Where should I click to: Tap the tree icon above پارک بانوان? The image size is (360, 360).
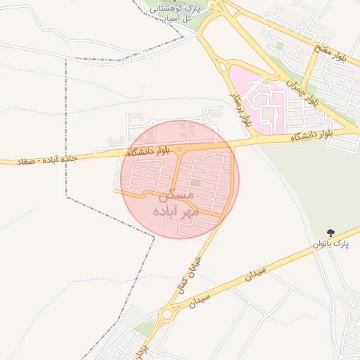[x=331, y=232]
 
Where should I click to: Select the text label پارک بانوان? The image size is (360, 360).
[x=331, y=244]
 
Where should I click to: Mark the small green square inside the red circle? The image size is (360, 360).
[x=195, y=184]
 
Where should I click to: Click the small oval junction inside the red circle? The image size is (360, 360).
[x=180, y=150]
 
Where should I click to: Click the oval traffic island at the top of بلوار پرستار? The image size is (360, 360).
[x=224, y=67]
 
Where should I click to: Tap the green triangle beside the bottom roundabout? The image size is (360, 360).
[x=146, y=327]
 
